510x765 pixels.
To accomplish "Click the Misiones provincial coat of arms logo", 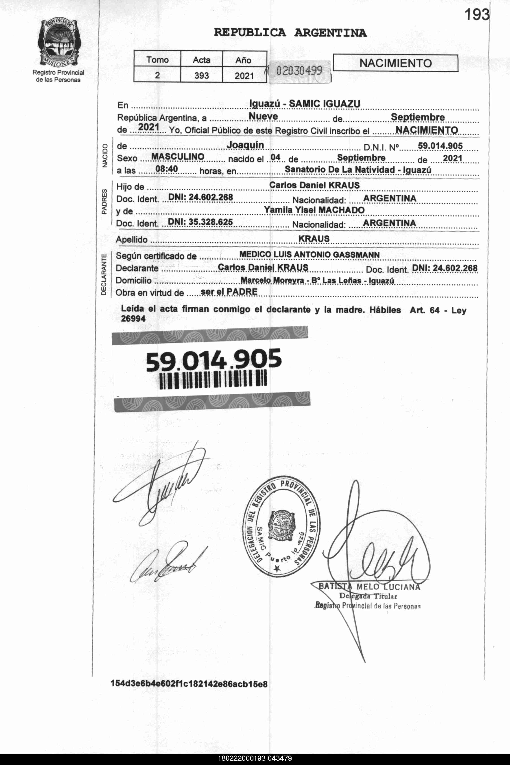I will click(58, 43).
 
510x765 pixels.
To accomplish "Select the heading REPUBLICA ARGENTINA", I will click(290, 33).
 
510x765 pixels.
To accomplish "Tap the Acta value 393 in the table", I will click(201, 75).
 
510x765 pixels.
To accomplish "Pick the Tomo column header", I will click(157, 60).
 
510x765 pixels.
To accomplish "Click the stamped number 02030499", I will click(299, 70).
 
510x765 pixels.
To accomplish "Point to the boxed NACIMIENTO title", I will click(396, 63).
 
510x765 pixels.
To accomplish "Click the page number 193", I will click(477, 15).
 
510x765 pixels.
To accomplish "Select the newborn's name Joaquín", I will click(245, 145).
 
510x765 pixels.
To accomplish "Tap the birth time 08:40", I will click(167, 169).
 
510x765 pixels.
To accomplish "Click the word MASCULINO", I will click(178, 157).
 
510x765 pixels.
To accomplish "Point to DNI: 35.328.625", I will click(200, 222).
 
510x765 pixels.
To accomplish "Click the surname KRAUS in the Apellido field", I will click(314, 239).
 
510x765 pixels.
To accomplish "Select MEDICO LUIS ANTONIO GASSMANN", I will click(309, 255).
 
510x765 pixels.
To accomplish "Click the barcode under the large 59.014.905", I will click(213, 380).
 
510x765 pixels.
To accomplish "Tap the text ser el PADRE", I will click(229, 292).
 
